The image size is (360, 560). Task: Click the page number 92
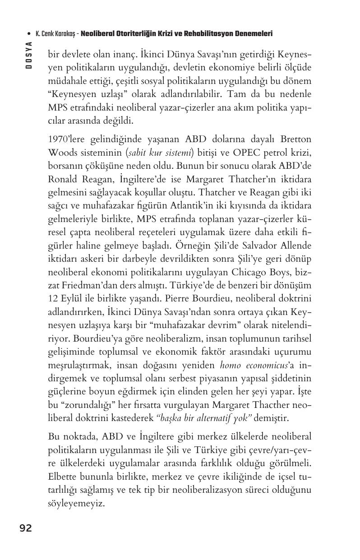pos(26,528)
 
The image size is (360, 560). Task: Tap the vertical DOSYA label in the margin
pos(29,55)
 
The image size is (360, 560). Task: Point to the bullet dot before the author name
pos(29,34)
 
